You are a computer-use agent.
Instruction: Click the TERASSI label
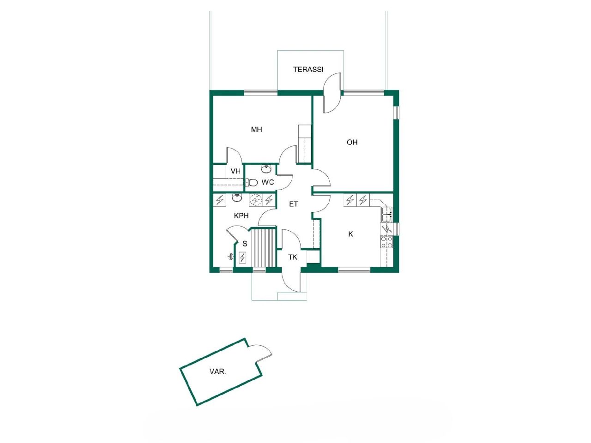pos(308,70)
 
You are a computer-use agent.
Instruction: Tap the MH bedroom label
pos(256,130)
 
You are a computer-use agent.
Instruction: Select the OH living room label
pos(352,142)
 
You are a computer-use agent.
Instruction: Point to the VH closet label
pos(235,171)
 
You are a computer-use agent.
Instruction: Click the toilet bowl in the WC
pos(252,182)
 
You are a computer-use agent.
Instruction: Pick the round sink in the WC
pos(266,168)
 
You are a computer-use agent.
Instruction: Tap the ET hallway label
pos(294,204)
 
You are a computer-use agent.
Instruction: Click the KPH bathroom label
pos(241,216)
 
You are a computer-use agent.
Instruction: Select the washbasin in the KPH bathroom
pos(237,198)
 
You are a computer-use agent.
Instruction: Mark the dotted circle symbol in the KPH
pos(255,200)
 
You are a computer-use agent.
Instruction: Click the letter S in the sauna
pos(245,244)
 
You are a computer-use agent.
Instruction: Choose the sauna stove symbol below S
pos(242,257)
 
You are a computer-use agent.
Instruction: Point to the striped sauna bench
pos(263,247)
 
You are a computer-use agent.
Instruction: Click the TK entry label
pos(293,257)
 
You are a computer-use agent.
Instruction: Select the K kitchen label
pos(350,234)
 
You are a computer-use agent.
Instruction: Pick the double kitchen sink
pos(386,213)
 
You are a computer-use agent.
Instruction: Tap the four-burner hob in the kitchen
pos(386,242)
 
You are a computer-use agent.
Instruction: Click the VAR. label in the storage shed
pos(217,371)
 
